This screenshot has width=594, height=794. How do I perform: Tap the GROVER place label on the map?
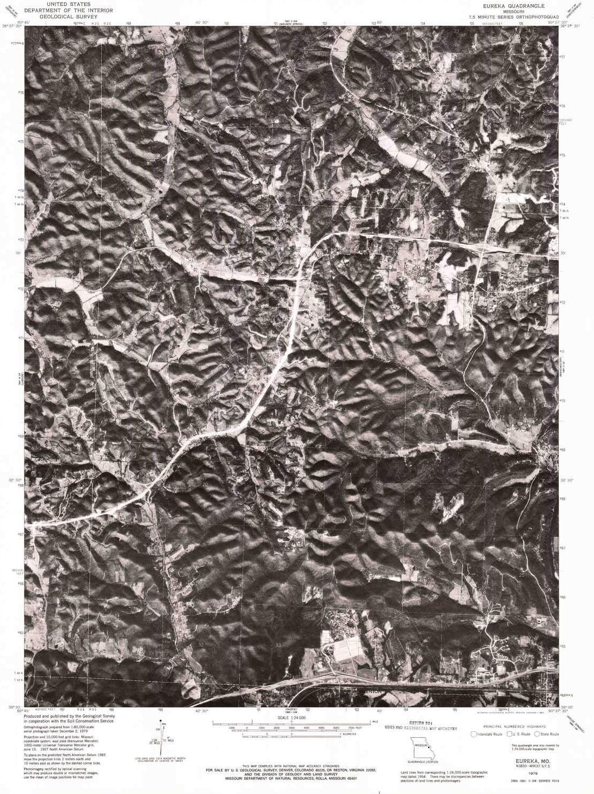coord(517,283)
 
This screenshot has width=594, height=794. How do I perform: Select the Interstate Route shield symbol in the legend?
coord(473,734)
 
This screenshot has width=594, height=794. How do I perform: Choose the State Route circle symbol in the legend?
coord(537,734)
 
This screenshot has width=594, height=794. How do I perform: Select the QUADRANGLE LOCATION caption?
coord(425,761)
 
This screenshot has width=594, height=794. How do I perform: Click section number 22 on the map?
coord(365,489)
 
